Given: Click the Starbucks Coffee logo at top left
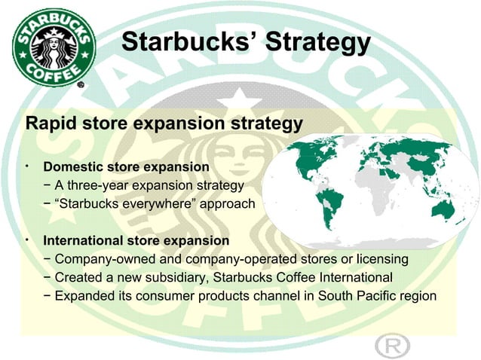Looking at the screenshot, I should (53, 45).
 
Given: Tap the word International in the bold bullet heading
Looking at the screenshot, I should (84, 241).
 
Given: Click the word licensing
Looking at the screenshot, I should (382, 259).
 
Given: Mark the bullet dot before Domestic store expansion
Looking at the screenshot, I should (26, 163).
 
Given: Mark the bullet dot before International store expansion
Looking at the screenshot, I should (26, 239).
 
